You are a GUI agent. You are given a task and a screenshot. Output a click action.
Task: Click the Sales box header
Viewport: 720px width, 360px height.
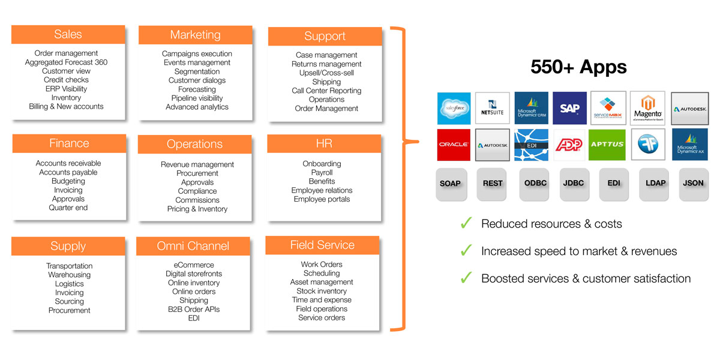pos(68,34)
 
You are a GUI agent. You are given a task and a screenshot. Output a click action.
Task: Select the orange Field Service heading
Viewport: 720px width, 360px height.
pos(322,245)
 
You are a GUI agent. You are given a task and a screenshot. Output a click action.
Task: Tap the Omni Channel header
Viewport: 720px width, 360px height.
pos(193,246)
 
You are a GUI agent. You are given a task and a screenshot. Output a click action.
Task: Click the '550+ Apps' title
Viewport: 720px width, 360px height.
pos(578,67)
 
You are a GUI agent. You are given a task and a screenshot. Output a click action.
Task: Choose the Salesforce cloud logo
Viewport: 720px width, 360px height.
pos(454,108)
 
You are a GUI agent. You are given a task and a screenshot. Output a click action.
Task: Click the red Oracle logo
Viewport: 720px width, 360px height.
pos(454,145)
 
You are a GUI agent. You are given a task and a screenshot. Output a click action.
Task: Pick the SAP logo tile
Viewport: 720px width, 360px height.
pos(569,108)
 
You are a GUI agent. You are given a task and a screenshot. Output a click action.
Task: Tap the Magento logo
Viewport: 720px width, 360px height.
pos(647,108)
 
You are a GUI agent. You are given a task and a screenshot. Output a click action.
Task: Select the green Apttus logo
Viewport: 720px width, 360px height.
pos(607,145)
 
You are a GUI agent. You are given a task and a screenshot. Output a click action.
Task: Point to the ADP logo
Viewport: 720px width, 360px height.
pos(569,145)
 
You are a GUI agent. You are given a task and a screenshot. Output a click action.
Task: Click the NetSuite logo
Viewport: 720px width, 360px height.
pos(493,108)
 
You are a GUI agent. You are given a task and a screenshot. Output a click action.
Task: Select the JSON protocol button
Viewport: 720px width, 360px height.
pos(693,184)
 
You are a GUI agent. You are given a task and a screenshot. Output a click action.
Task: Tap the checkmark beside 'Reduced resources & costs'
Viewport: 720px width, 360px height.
pos(466,224)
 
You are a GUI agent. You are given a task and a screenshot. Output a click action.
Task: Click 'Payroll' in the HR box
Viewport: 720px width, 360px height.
pos(322,173)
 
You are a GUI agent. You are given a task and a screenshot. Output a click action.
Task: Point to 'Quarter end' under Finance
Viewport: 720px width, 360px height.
pos(68,208)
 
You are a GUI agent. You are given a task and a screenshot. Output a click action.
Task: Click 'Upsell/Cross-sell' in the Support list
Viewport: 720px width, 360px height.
pos(326,73)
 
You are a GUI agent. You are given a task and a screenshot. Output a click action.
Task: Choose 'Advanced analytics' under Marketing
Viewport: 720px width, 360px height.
pos(197,107)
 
